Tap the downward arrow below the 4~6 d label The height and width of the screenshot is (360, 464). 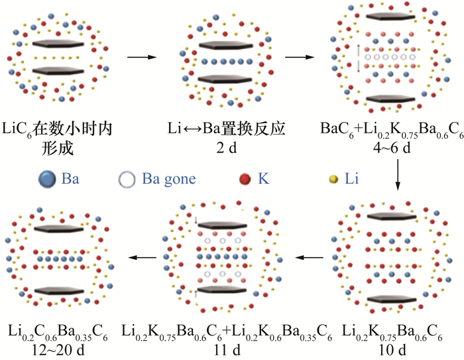(396, 173)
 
